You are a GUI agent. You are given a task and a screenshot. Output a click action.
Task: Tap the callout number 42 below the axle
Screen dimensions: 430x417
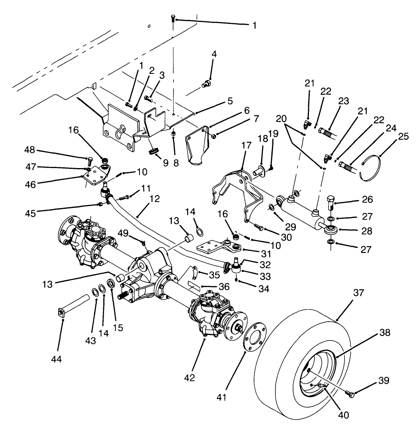tap(190, 378)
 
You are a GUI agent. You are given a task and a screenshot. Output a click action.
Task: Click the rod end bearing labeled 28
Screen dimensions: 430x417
tap(330, 230)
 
